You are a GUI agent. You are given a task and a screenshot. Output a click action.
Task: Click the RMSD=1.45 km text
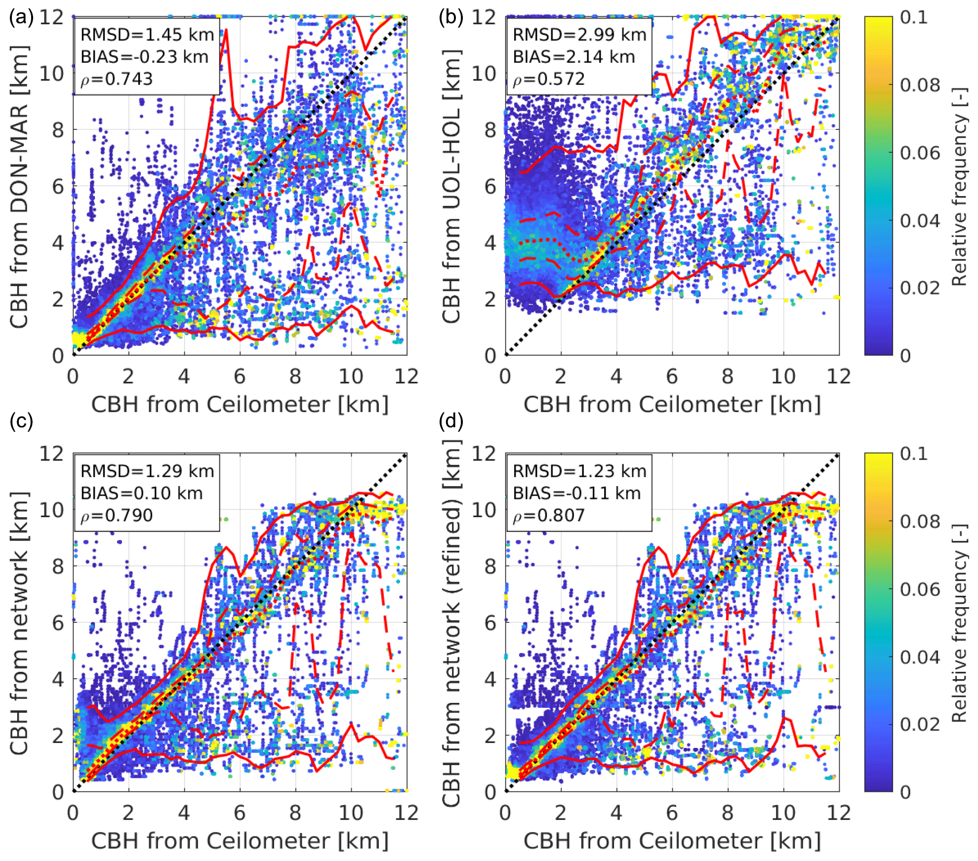(147, 35)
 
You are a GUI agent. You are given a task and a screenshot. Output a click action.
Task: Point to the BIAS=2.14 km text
(573, 57)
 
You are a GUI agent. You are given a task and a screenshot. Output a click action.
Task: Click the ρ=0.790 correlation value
(117, 516)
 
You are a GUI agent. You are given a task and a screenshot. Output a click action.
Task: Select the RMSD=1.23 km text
(579, 471)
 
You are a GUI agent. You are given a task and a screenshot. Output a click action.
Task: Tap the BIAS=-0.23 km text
(144, 57)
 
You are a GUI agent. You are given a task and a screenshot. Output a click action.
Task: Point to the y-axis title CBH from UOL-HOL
(451, 187)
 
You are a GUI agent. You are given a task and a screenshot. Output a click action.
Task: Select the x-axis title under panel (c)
(240, 841)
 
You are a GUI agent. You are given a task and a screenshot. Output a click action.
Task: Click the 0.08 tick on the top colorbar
(920, 85)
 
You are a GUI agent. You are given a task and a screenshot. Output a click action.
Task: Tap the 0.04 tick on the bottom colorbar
(920, 657)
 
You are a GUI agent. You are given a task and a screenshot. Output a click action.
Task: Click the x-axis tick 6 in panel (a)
(240, 377)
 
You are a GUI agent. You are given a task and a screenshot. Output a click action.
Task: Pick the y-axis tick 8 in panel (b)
(490, 130)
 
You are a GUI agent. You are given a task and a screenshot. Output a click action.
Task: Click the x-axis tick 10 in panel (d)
(783, 813)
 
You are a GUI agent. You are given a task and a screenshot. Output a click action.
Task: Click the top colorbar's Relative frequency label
(959, 187)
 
